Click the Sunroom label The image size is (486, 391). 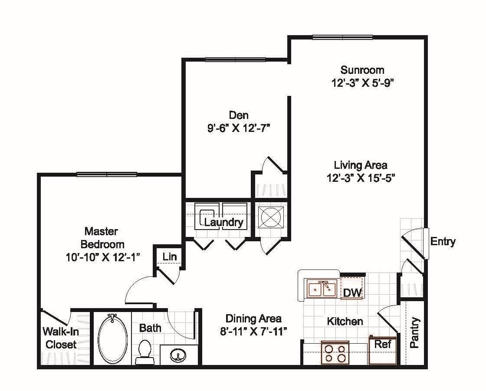[362, 70]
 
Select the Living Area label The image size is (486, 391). [360, 165]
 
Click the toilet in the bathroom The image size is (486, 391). [144, 351]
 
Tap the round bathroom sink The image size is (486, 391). [177, 356]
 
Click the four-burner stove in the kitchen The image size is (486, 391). [335, 352]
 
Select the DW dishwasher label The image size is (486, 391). [352, 293]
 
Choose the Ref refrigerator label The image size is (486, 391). [383, 345]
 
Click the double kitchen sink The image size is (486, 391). [322, 289]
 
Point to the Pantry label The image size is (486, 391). [415, 333]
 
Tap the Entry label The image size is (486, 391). [443, 242]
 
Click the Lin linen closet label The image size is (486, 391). [170, 257]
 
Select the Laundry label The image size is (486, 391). [223, 223]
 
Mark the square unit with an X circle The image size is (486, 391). [271, 217]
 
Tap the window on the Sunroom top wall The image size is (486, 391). [342, 37]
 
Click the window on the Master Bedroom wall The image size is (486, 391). [107, 174]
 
